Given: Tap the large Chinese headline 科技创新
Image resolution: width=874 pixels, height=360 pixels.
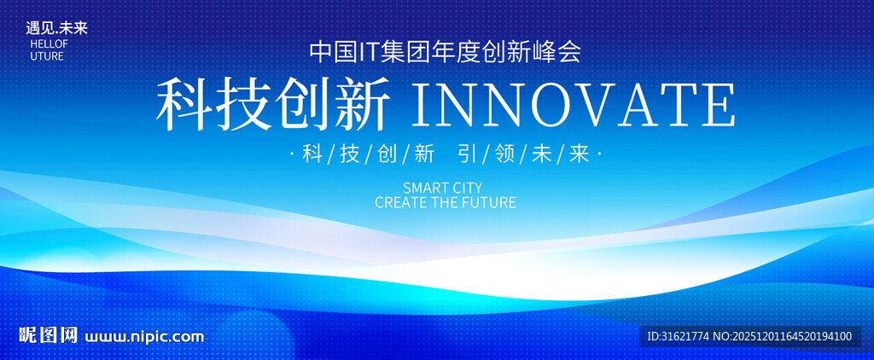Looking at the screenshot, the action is [x=273, y=105].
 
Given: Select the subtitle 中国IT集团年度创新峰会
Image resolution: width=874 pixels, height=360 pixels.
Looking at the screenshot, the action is [x=446, y=52].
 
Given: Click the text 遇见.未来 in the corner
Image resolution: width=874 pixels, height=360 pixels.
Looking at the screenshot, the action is [x=56, y=28].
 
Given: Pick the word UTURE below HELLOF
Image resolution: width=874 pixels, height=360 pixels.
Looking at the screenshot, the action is [x=47, y=56].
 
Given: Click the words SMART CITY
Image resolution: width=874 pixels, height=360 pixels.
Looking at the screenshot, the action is [x=442, y=187].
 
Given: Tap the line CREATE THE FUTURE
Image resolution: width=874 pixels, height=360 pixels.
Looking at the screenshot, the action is [x=446, y=202].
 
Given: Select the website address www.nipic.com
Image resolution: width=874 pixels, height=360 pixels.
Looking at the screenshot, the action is [x=144, y=337].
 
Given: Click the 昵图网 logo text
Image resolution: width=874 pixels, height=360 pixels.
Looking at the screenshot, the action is [x=48, y=335].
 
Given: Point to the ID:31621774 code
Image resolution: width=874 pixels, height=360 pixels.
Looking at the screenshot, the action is [x=678, y=336].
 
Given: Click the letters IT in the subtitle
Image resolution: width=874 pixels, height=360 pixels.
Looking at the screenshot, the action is [x=367, y=52].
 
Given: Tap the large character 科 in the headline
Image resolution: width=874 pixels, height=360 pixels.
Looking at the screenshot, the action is [x=184, y=105].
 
